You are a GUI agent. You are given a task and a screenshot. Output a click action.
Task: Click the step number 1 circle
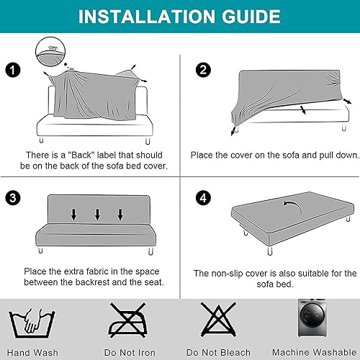click(x=11, y=70)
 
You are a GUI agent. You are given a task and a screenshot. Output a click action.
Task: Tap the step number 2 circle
click(x=203, y=70)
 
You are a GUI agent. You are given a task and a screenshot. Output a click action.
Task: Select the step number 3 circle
click(x=11, y=197)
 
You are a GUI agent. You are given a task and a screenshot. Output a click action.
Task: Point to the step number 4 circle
click(x=203, y=197)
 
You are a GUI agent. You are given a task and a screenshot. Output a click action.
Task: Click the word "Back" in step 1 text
click(x=84, y=155)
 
